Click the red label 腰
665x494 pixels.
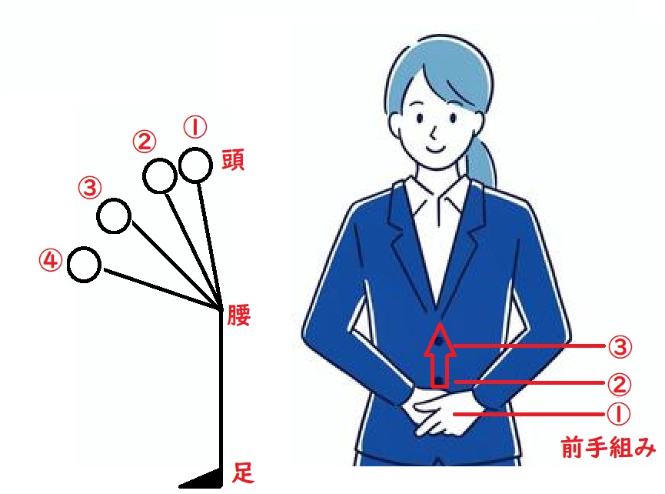[239, 315]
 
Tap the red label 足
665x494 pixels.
[243, 472]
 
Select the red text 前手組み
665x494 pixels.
[608, 448]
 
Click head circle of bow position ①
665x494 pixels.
[195, 149]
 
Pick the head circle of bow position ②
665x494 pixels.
[159, 160]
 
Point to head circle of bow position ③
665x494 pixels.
[114, 200]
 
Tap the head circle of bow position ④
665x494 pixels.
[84, 249]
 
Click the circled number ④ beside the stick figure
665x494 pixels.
[51, 260]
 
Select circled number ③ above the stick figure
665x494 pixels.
[90, 187]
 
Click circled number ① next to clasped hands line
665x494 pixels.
[618, 413]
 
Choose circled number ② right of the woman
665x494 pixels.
[619, 384]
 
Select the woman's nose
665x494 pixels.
[434, 134]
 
